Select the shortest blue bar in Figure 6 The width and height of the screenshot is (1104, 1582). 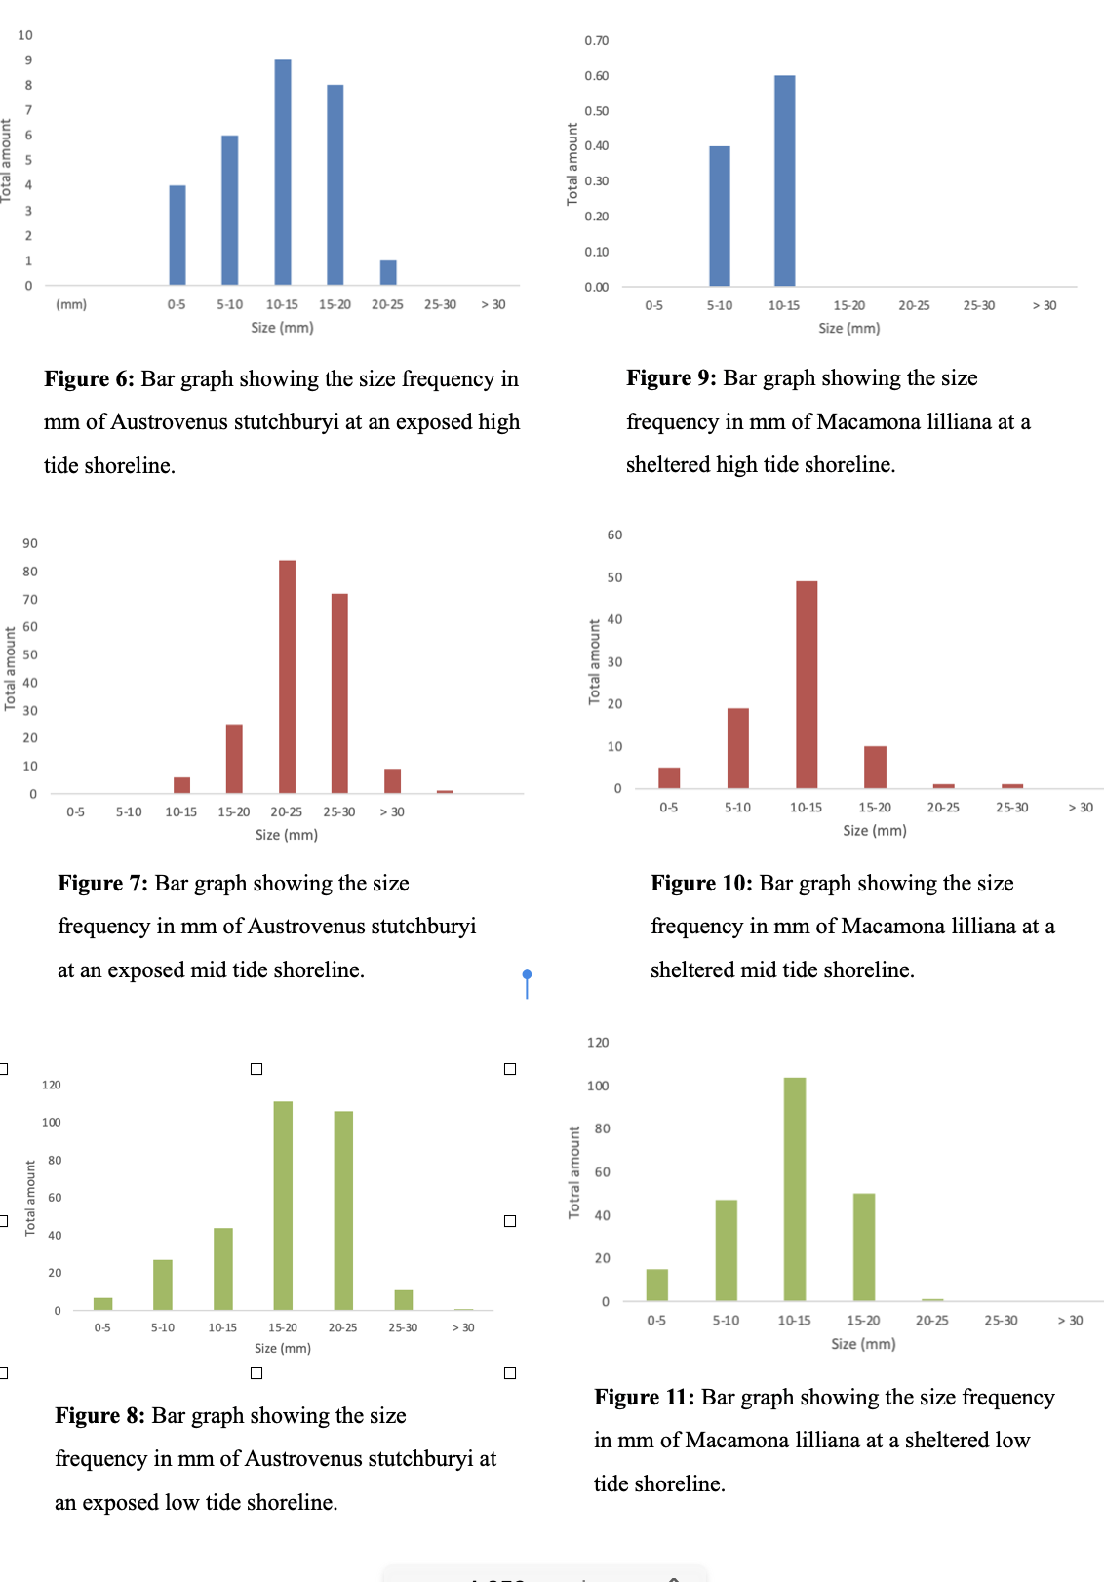tap(388, 273)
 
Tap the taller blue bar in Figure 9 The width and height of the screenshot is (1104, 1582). tap(785, 180)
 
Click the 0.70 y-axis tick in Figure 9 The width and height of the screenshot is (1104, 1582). tap(597, 41)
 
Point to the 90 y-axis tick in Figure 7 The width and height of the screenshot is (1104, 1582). tap(31, 544)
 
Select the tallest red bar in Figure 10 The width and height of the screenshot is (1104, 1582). tap(807, 684)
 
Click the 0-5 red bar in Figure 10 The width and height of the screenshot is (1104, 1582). tap(669, 777)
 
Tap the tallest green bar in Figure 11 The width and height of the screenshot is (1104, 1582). tap(795, 1189)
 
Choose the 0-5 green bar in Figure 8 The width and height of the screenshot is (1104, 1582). tap(103, 1304)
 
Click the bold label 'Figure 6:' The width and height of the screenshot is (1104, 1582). tap(89, 379)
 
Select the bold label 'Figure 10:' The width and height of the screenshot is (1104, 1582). tap(701, 884)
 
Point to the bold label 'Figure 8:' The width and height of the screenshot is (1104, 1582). tap(99, 1416)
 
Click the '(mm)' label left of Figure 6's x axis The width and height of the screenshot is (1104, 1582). tap(71, 305)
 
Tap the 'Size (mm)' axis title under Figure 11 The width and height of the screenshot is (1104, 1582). tap(863, 1344)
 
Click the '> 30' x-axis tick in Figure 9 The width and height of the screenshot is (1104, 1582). tap(1045, 306)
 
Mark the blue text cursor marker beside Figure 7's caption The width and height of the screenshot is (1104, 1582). tap(527, 976)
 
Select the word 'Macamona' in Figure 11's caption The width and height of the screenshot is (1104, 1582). tap(734, 1441)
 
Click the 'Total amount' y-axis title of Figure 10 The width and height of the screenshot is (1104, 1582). tap(594, 662)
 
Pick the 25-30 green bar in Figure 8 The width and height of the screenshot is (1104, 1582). tap(404, 1299)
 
